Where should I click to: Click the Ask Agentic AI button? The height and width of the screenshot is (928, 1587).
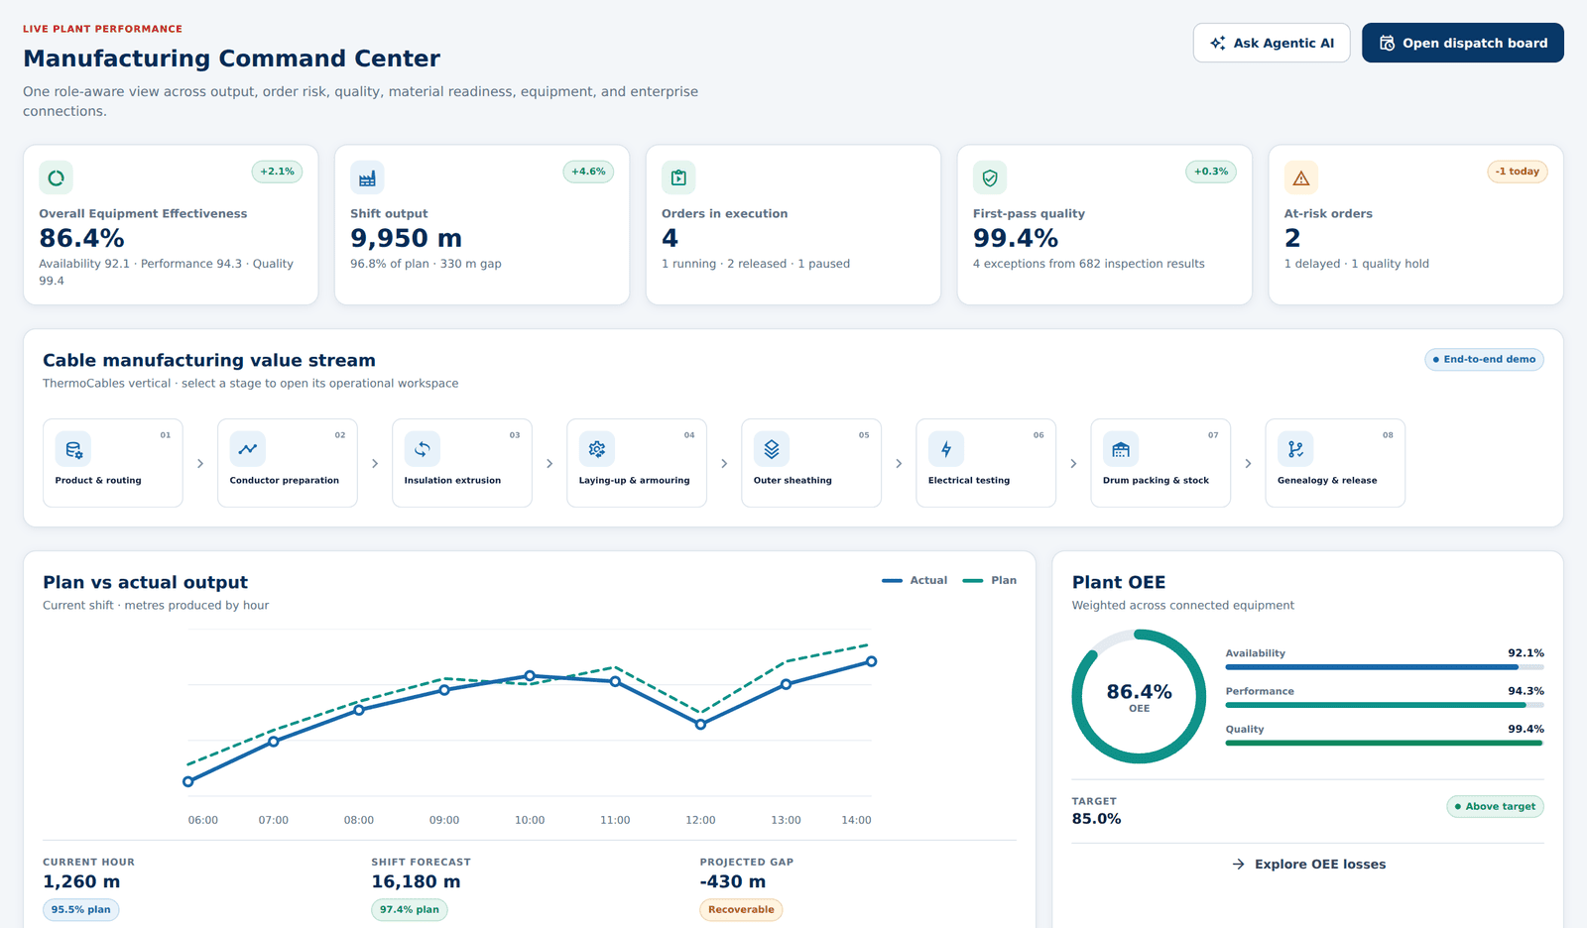pos(1272,44)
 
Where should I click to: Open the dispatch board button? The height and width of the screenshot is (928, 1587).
pos(1462,44)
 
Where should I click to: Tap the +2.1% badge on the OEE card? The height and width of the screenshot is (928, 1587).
pos(277,172)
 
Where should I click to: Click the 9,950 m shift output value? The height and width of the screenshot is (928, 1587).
pos(406,238)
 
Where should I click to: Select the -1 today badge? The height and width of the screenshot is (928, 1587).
pos(1517,172)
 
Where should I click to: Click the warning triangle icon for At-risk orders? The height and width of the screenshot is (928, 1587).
pos(1300,177)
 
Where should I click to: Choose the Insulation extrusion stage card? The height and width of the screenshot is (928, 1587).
pos(462,463)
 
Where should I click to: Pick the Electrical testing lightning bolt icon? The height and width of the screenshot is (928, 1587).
pos(946,449)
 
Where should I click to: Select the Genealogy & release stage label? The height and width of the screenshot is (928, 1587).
pos(1327,480)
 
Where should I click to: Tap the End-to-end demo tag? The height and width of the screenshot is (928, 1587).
pos(1484,359)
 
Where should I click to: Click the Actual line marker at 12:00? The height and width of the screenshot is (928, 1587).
pos(700,725)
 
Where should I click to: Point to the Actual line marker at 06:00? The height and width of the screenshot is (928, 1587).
pos(187,782)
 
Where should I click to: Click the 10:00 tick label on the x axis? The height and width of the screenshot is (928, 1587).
pos(530,820)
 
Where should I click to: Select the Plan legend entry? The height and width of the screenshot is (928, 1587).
pos(990,580)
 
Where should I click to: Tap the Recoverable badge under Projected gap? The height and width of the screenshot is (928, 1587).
pos(741,909)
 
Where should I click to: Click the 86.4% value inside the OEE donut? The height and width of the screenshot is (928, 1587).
pos(1140,691)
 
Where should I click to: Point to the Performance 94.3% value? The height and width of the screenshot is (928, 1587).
pos(1526,691)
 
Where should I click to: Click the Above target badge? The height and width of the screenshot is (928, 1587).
pos(1495,806)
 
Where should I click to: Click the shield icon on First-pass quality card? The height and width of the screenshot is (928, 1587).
pos(990,177)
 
